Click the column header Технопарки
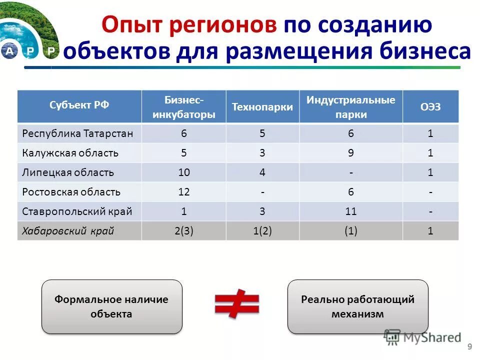point(262,107)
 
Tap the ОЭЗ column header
point(430,107)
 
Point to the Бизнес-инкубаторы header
point(183,106)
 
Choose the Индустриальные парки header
point(351,107)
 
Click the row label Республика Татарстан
point(77,133)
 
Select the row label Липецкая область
point(68,172)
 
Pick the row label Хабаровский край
point(68,231)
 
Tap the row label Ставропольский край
point(77,211)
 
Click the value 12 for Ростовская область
point(183,192)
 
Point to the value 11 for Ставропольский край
point(350,211)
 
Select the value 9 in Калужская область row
point(351,153)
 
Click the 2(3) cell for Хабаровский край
point(183,231)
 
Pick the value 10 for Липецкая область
point(183,172)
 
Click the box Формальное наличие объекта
point(111,306)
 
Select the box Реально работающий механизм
point(357,306)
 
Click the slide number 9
point(469,347)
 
